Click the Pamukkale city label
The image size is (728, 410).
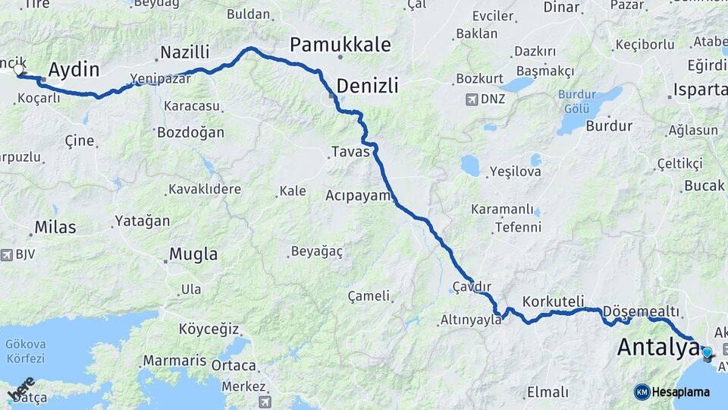click(340, 45)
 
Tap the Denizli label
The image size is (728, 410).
click(367, 86)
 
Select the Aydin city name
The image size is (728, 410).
click(74, 71)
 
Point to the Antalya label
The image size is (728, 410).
click(657, 348)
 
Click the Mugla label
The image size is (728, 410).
click(193, 254)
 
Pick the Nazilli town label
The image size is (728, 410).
click(184, 53)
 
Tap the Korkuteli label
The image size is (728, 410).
click(554, 301)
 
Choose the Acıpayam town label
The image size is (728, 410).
click(358, 195)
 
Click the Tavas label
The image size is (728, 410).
click(350, 152)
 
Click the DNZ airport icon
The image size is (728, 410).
click(473, 99)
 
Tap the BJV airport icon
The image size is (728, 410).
click(7, 254)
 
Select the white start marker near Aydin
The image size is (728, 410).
click(19, 70)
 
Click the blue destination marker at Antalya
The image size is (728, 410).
click(707, 353)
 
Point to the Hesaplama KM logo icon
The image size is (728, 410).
click(642, 392)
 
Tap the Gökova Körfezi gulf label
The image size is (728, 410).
click(25, 351)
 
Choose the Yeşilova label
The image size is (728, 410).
click(516, 172)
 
